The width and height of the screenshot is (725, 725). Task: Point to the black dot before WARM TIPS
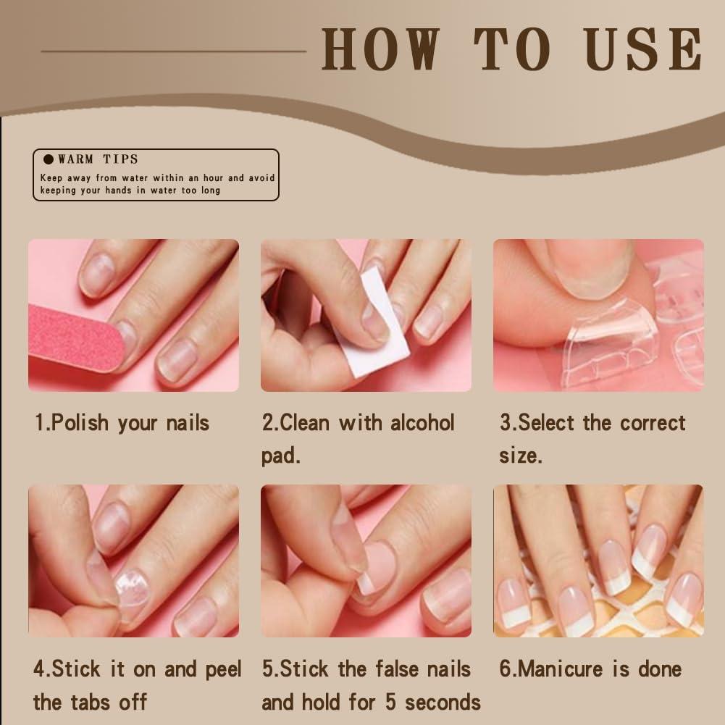(x=49, y=159)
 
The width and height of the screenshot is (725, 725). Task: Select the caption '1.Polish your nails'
(x=122, y=423)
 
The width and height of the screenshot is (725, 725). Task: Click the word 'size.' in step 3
(x=520, y=456)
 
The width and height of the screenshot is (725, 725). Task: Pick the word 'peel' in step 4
(x=223, y=669)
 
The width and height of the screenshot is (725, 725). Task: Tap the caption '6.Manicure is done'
(x=590, y=669)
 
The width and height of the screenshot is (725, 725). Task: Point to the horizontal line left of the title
(x=174, y=51)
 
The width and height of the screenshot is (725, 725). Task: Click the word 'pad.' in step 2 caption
(x=280, y=456)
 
